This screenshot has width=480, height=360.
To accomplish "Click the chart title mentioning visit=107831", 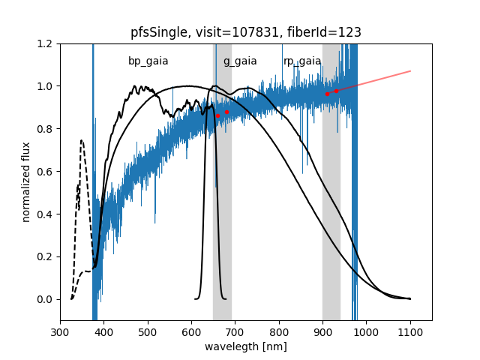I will tap(246, 32).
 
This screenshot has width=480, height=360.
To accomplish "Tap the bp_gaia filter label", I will tap(148, 61).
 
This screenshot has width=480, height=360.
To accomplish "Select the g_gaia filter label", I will tap(240, 61).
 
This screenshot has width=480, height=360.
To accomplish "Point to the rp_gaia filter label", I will tap(302, 61).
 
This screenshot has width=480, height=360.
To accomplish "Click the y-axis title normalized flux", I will tap(26, 182).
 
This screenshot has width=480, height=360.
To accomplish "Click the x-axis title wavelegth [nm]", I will tap(246, 346).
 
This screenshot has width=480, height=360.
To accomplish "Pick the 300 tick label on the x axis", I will tap(61, 331).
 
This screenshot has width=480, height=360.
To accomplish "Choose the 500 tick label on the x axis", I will tap(148, 331).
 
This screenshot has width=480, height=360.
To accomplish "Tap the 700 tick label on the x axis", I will tap(235, 331).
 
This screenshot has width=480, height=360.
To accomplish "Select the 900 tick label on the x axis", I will tap(323, 331).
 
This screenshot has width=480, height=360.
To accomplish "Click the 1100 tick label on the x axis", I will tap(410, 331).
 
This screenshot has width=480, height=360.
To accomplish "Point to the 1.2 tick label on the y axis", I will tap(45, 43).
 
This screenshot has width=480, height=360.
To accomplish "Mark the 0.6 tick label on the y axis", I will tap(45, 172).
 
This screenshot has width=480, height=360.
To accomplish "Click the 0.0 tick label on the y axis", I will tap(45, 299).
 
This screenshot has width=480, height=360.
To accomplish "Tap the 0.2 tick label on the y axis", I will tap(45, 256).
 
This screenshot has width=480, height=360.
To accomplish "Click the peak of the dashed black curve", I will tap(81, 140).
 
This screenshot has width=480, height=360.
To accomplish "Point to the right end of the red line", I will tap(410, 71).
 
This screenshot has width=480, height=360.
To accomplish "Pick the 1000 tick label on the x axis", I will tap(367, 331).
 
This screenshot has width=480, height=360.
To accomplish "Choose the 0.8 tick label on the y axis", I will tap(45, 129).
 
